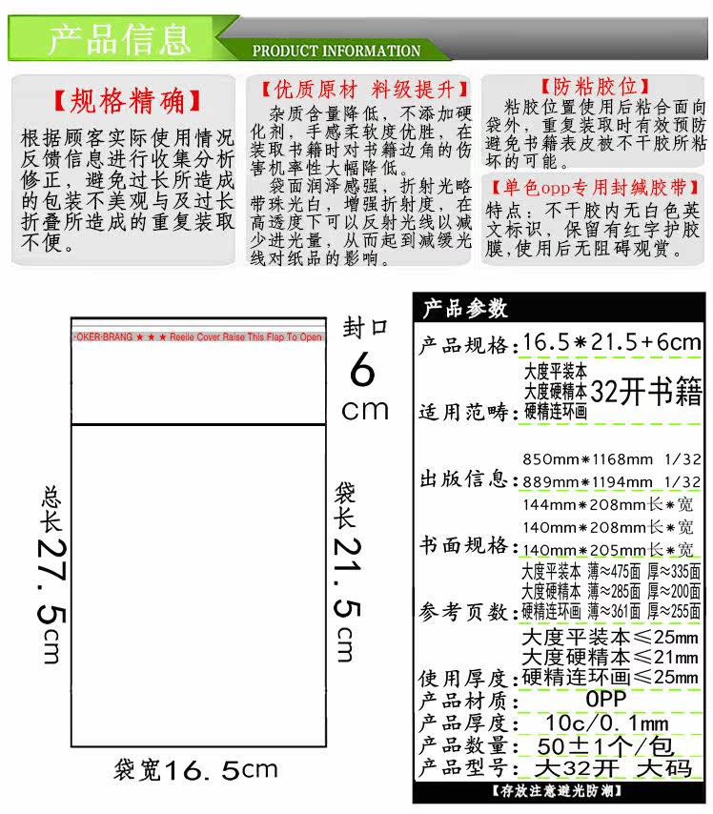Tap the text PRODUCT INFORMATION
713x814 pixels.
pos(336,51)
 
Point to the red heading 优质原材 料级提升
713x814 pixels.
pos(365,91)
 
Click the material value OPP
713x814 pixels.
pos(606,699)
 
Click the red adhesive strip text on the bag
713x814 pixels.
pos(198,337)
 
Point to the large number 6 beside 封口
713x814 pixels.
pos(362,370)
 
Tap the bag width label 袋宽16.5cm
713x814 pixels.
pos(195,769)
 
